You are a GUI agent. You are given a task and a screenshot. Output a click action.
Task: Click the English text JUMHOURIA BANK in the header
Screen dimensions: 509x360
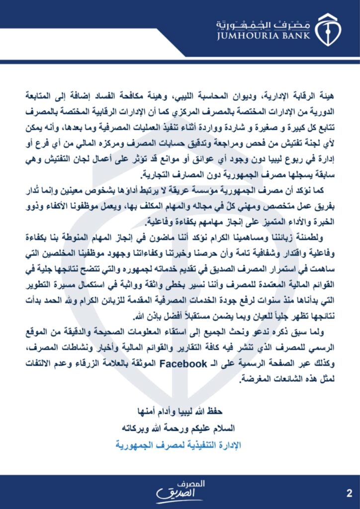pyautogui.click(x=263, y=35)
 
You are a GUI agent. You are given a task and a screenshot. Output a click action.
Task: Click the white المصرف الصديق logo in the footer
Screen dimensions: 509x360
pyautogui.click(x=180, y=491)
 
